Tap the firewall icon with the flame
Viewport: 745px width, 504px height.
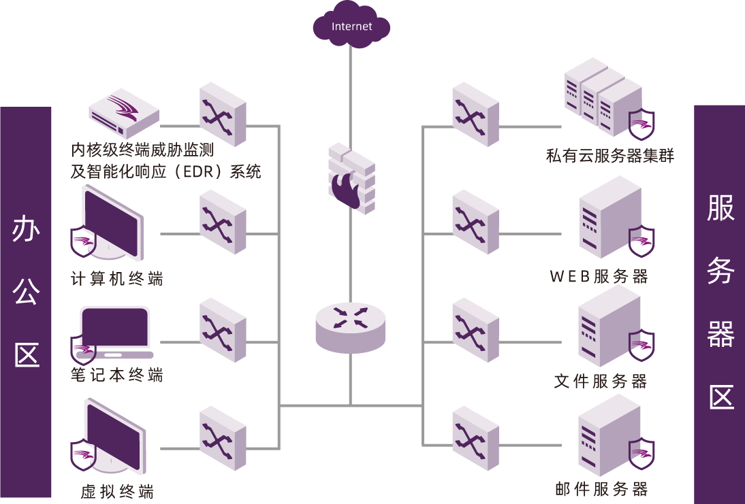pos(351,178)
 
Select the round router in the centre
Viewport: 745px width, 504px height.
pos(351,326)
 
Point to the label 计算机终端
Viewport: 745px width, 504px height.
pos(117,278)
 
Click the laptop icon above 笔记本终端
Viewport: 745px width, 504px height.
pos(114,332)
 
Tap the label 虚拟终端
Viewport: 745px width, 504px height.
pos(117,492)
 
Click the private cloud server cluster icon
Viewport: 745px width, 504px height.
pos(603,95)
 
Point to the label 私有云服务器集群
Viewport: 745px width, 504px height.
pos(609,156)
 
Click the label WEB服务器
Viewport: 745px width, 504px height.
pos(599,276)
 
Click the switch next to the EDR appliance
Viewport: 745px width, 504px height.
pos(223,114)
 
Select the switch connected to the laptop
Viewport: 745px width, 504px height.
pos(223,330)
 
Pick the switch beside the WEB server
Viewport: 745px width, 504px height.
pos(475,222)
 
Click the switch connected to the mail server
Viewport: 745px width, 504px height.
pos(475,438)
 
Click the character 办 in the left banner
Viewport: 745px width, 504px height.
pos(27,231)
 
